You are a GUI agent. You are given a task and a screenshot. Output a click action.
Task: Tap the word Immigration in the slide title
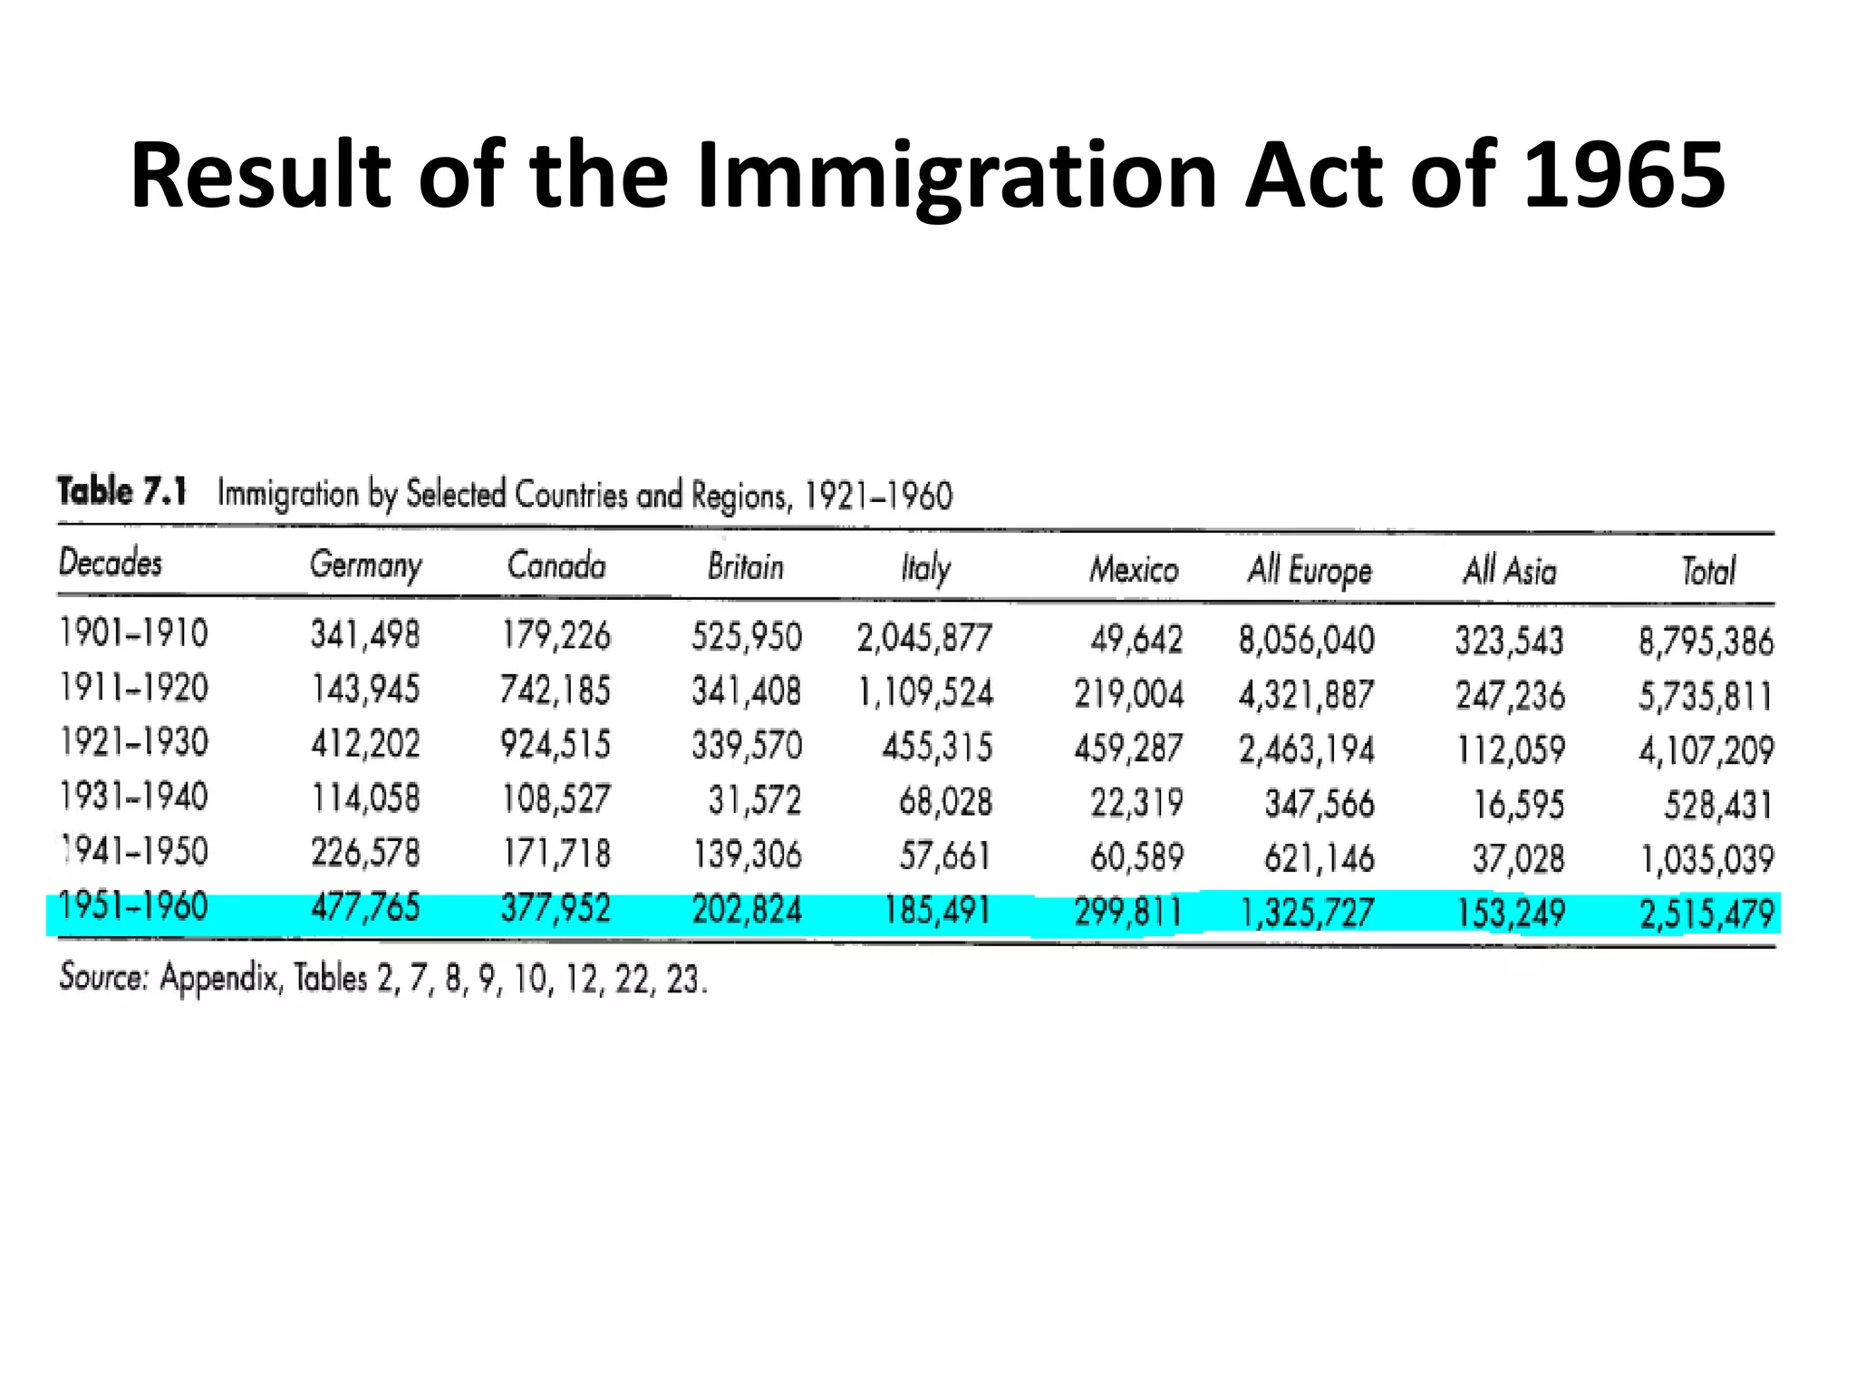[955, 178]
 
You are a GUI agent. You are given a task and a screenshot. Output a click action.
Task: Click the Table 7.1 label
[122, 491]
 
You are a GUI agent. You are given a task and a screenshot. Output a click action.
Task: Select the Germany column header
[365, 565]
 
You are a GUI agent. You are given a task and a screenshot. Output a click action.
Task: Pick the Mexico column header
[1134, 569]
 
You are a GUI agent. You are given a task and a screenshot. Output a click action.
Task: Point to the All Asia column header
[1510, 571]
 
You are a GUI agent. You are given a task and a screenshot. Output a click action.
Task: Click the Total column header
[1708, 571]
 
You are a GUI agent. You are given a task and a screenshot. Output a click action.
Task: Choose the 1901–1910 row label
[134, 633]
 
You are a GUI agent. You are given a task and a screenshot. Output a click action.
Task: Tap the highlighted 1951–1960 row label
[134, 906]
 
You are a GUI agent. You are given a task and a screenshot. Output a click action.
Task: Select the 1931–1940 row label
[134, 797]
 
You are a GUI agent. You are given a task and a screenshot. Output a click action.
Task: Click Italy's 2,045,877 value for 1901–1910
[924, 638]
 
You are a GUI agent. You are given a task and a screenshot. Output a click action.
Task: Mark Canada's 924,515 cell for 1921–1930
[556, 744]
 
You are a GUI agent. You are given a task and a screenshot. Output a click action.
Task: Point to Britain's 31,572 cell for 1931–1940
[755, 800]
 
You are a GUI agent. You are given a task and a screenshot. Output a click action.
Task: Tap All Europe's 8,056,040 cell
[1307, 640]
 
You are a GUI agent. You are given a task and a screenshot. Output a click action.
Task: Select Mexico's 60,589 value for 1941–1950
[1136, 856]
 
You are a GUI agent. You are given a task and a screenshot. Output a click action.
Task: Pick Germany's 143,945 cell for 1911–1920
[365, 690]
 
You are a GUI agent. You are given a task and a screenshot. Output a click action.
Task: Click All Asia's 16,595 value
[1519, 804]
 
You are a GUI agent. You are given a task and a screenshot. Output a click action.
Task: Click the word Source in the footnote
[103, 977]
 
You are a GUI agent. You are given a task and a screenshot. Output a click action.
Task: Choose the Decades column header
[111, 562]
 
